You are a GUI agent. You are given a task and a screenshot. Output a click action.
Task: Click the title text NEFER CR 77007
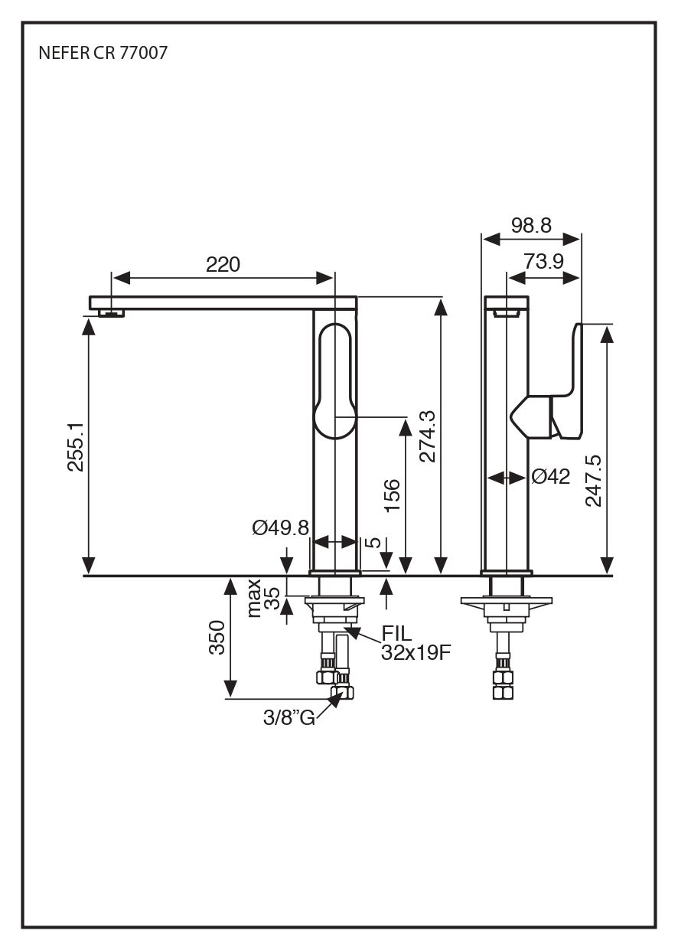pyautogui.click(x=103, y=54)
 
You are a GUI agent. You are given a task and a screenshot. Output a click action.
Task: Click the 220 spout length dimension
pyautogui.click(x=223, y=265)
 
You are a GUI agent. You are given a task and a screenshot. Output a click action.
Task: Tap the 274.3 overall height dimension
pyautogui.click(x=426, y=436)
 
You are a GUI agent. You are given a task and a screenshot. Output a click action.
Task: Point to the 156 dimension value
pyautogui.click(x=390, y=496)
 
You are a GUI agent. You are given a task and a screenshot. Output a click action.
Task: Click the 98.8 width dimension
pyautogui.click(x=531, y=225)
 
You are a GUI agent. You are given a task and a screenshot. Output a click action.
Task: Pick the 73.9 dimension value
pyautogui.click(x=544, y=262)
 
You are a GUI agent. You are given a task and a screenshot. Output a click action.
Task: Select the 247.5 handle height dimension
pyautogui.click(x=593, y=480)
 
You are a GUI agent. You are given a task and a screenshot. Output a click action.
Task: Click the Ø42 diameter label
pyautogui.click(x=551, y=477)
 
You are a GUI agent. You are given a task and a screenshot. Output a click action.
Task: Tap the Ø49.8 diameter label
pyautogui.click(x=280, y=527)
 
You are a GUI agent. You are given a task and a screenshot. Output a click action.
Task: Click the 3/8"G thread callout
pyautogui.click(x=288, y=718)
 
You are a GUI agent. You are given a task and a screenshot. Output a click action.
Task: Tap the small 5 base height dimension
pyautogui.click(x=373, y=543)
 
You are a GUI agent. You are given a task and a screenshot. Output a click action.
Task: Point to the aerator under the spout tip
pyautogui.click(x=112, y=312)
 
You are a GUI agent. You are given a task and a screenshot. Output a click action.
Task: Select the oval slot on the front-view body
pyautogui.click(x=335, y=381)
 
